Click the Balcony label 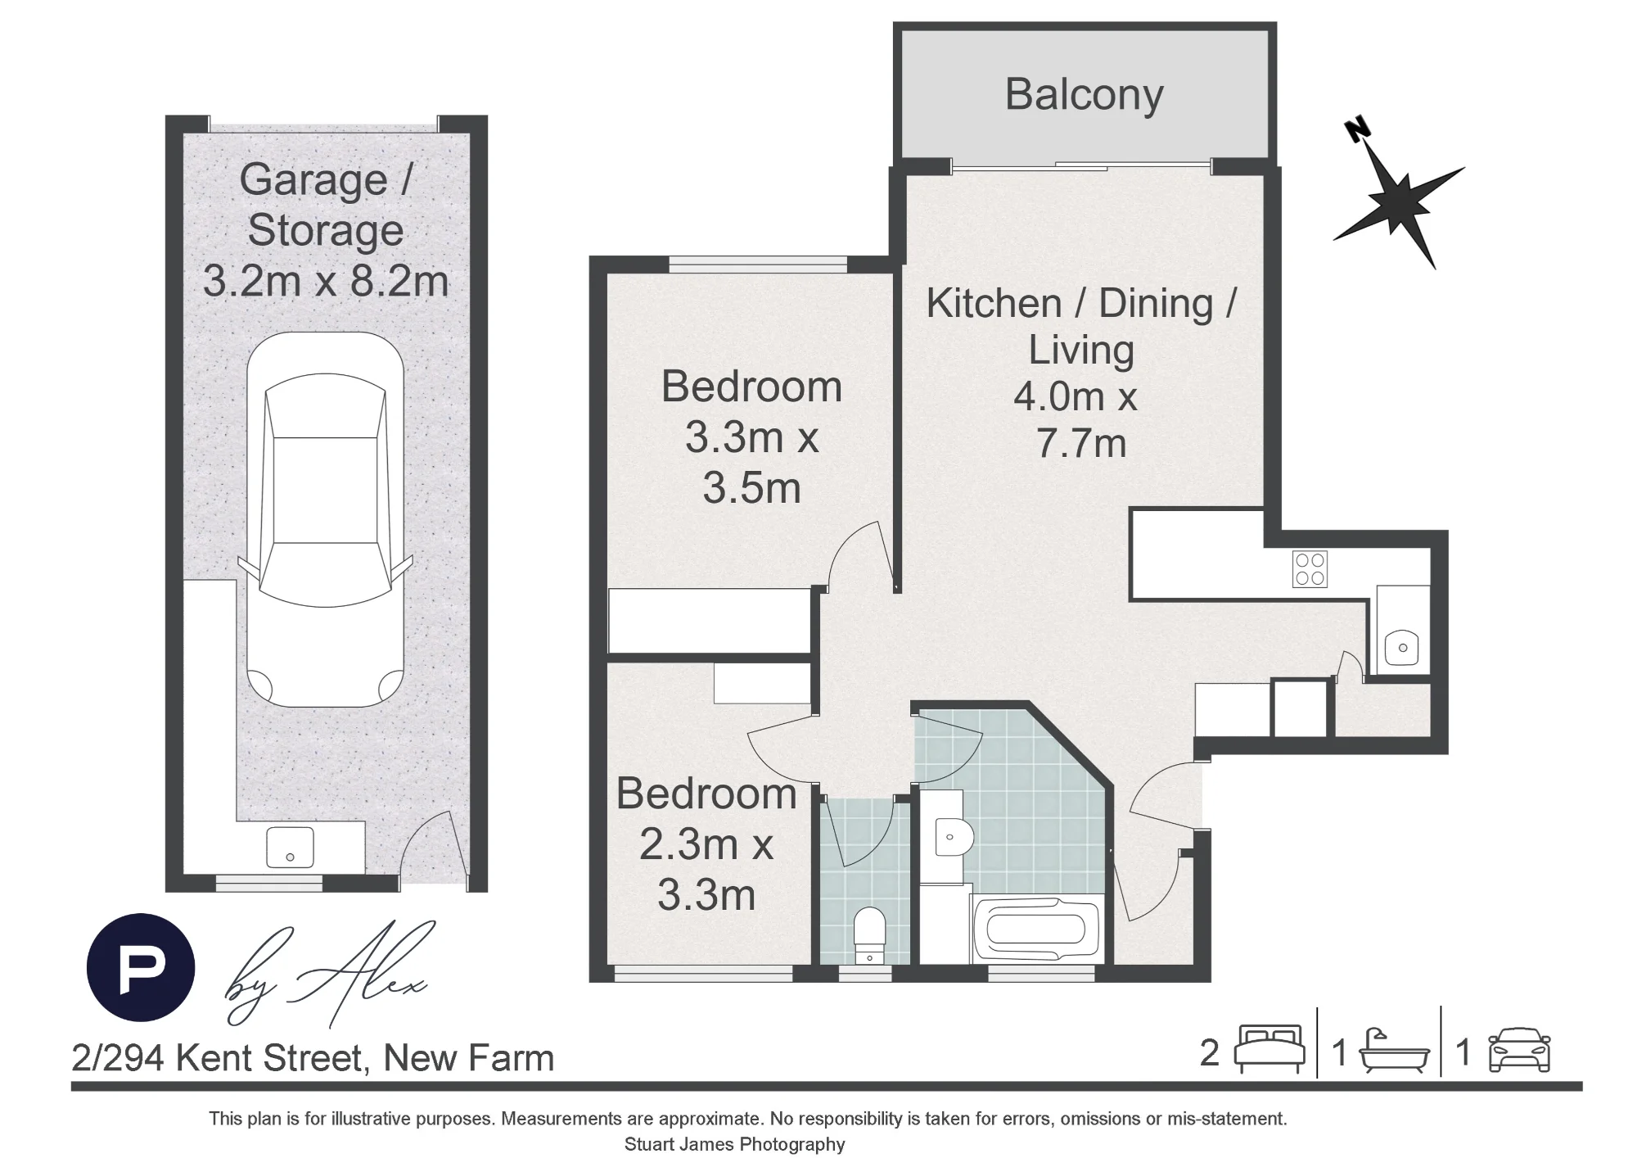coord(1084,96)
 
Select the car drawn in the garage coord(325,519)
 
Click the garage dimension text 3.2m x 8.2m coord(326,282)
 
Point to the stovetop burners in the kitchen coord(1310,570)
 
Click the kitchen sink coord(1403,648)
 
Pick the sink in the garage coord(290,847)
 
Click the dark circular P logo coord(141,967)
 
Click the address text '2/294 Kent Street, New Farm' coord(313,1058)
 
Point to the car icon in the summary coord(1519,1052)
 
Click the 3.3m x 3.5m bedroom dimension coord(751,463)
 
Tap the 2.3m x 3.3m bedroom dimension coord(706,869)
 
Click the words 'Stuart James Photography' coord(734,1144)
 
